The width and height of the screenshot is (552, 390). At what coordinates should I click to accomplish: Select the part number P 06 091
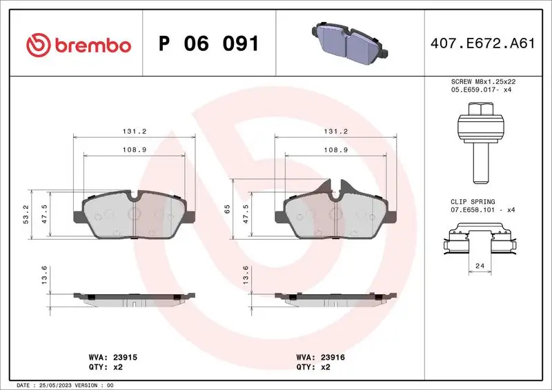point(208,44)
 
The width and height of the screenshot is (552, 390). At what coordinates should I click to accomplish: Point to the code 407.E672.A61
point(483,44)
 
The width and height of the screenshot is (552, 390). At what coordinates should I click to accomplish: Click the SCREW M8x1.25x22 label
point(483,81)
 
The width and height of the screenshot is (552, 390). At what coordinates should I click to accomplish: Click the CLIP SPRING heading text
point(473,201)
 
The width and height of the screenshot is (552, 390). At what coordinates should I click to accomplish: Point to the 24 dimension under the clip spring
point(480,265)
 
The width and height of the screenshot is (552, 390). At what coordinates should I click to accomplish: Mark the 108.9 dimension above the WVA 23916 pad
point(335,150)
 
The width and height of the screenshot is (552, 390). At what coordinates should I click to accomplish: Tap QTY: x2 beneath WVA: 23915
point(104,367)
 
